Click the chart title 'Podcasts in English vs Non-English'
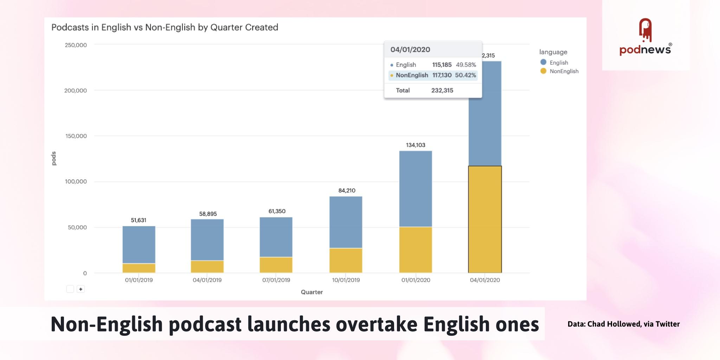click(x=165, y=27)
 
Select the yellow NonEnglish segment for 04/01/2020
click(x=485, y=219)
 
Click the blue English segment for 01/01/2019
click(x=139, y=244)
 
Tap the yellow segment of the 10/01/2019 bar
click(x=346, y=261)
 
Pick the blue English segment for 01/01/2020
click(x=416, y=189)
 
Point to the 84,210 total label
click(x=347, y=191)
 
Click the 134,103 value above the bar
click(x=416, y=145)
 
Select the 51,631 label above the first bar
click(x=139, y=220)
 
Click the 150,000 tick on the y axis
click(x=76, y=136)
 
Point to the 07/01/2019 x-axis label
click(x=276, y=280)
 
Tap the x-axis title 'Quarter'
click(x=311, y=292)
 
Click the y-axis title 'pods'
click(x=54, y=159)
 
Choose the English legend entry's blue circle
click(x=543, y=62)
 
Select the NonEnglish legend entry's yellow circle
click(x=543, y=71)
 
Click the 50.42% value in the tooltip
click(x=465, y=75)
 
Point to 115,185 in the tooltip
click(x=442, y=65)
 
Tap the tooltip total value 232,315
click(x=442, y=90)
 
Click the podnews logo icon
click(x=645, y=30)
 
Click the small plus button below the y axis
click(x=81, y=289)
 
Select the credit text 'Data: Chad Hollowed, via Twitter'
click(x=623, y=324)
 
